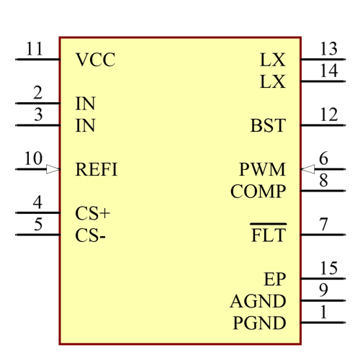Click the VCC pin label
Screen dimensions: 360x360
pos(95,60)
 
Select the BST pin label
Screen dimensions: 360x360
pos(268,126)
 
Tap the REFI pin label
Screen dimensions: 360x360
pos(96,170)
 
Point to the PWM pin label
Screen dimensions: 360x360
pos(263,170)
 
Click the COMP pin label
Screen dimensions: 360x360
pos(258,192)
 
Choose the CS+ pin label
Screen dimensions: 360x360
pos(93,214)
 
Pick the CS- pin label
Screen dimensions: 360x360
pos(91,236)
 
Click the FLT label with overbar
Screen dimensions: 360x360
pos(269,235)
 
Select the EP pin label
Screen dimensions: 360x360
pos(274,279)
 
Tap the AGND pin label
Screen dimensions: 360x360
pos(258,302)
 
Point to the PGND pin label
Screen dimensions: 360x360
pos(259,323)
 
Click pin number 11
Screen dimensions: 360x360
pos(35,50)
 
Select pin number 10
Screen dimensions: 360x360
pos(33,159)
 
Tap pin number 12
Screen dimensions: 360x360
pos(329,114)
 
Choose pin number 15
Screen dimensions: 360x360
pos(329,269)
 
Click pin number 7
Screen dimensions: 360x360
pos(324,225)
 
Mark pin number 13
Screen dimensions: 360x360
pos(329,49)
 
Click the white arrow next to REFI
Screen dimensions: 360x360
pos(53,169)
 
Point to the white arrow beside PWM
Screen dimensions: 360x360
pos(308,169)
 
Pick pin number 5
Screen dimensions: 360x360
pos(37,225)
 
